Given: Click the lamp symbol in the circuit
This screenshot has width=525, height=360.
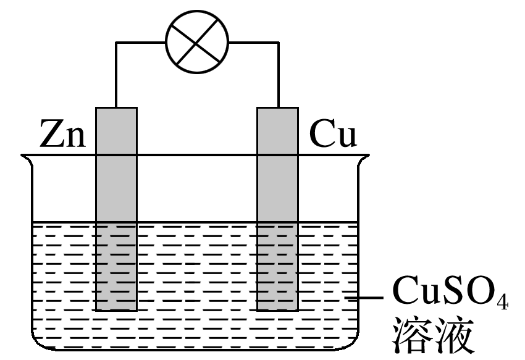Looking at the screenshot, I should [x=197, y=42].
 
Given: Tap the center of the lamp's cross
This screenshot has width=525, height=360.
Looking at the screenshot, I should [x=197, y=42].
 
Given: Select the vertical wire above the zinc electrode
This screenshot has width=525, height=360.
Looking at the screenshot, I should [x=116, y=74].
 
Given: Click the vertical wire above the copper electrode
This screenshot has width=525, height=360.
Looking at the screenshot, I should [x=278, y=74].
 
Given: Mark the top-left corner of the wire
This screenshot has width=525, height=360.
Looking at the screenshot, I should [x=116, y=43].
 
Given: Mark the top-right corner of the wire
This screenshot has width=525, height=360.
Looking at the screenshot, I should [x=278, y=43].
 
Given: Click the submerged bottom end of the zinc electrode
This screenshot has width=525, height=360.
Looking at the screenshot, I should [x=116, y=308].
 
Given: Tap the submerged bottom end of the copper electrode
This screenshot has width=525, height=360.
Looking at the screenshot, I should [x=278, y=308].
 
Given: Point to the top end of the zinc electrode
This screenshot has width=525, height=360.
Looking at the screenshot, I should [x=116, y=109].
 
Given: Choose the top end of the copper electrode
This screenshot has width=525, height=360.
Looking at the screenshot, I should [x=278, y=109].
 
